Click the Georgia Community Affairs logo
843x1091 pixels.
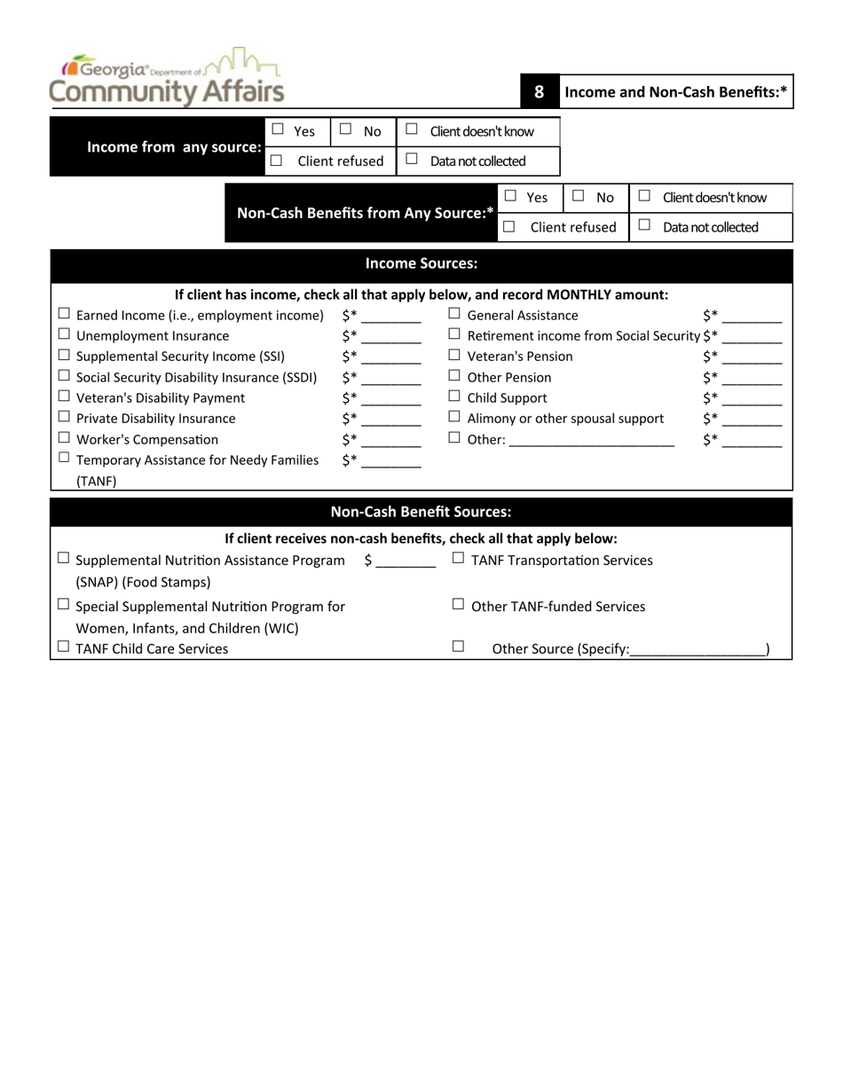pos(167,77)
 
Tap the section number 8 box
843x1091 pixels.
pos(539,91)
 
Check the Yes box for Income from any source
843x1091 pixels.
pos(277,130)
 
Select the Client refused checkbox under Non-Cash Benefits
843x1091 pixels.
pos(509,226)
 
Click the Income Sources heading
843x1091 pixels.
pos(421,263)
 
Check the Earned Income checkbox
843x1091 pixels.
pos(64,314)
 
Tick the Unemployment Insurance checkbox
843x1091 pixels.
pos(64,335)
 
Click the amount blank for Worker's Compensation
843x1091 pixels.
pos(391,440)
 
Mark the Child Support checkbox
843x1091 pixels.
pos(454,396)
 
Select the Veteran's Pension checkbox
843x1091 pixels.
pos(454,356)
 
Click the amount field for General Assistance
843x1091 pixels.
pos(752,317)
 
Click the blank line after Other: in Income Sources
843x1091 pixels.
pos(592,441)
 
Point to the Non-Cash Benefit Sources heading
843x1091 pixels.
pos(421,512)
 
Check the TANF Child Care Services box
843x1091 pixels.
pos(64,648)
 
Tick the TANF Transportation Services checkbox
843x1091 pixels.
pos(458,559)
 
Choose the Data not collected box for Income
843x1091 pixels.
pos(411,160)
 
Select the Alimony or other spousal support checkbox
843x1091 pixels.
pos(454,417)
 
